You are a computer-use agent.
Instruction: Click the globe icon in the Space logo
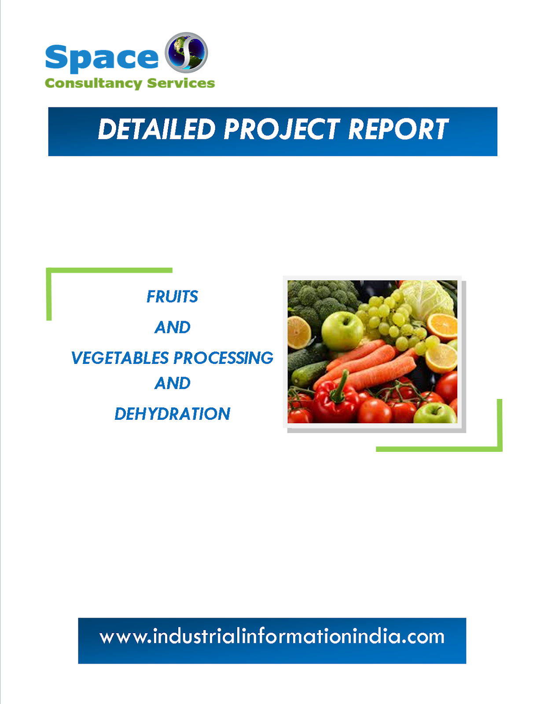pos(186,52)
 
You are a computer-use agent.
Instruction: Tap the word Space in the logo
pos(102,58)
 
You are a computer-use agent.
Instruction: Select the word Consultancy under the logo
pos(93,83)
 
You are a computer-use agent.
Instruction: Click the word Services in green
pos(181,83)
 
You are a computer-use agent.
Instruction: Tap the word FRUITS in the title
pos(172,297)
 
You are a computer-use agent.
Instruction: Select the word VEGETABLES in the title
pos(120,358)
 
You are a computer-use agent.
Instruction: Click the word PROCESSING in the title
pos(224,358)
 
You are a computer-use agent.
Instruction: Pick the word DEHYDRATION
pos(172,414)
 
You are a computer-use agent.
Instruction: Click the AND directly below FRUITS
pos(173,327)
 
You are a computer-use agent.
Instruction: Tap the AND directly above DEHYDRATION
pos(173,383)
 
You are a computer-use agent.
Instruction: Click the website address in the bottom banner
pos(272,637)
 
